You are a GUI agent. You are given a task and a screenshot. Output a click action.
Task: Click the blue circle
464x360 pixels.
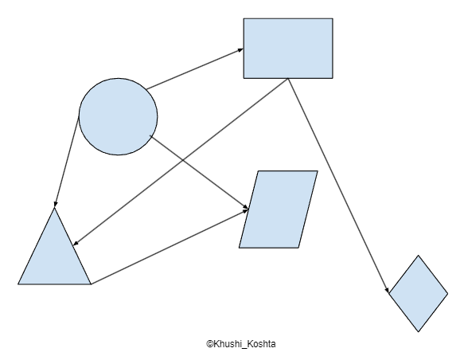pos(118,116)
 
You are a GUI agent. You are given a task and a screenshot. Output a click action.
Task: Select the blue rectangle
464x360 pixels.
pos(288,49)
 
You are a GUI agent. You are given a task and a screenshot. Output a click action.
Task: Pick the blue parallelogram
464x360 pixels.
pos(279,209)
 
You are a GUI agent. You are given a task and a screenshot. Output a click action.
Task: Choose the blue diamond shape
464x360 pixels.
pos(418,293)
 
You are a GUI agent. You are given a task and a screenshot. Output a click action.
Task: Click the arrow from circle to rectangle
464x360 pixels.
pos(195,69)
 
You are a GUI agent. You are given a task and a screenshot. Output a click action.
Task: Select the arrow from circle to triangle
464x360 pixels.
pos(67,159)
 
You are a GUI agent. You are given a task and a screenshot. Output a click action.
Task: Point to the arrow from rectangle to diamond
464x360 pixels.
pos(338,186)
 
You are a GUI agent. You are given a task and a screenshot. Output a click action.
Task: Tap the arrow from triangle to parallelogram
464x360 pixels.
pos(170,247)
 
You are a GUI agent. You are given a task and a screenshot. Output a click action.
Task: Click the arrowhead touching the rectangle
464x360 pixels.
pos(240,50)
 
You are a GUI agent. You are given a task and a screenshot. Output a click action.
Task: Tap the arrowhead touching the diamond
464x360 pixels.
pos(387,290)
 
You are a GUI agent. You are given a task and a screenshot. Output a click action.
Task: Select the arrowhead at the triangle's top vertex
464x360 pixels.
pos(55,204)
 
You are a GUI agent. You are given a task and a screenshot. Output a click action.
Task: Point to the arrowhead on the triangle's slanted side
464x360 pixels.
pos(76,243)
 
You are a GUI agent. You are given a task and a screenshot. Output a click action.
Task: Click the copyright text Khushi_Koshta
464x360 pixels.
pos(244,344)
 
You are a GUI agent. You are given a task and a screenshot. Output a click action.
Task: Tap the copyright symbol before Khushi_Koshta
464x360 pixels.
pos(210,344)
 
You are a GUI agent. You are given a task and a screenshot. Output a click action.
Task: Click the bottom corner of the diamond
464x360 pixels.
pos(418,332)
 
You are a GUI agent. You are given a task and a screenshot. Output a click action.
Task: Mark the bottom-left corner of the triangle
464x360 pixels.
pos(18,284)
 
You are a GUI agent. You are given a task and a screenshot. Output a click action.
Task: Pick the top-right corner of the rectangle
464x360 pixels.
pos(333,18)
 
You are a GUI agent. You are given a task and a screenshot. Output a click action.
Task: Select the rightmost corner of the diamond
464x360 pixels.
pos(448,293)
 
